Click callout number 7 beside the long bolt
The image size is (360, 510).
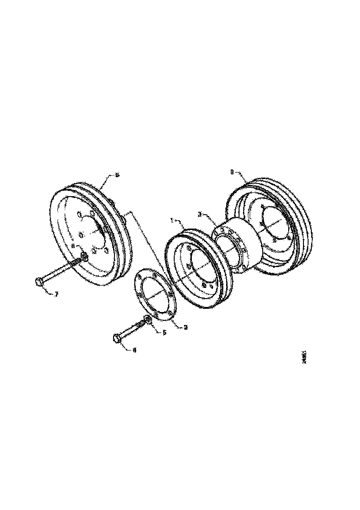(56, 294)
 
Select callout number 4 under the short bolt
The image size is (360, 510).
(134, 351)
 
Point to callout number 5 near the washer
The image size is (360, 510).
(164, 332)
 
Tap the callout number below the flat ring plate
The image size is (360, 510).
(185, 327)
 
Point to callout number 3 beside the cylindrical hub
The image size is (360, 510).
(200, 214)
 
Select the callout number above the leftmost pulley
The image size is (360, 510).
(117, 175)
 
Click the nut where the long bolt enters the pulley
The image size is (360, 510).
(84, 256)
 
